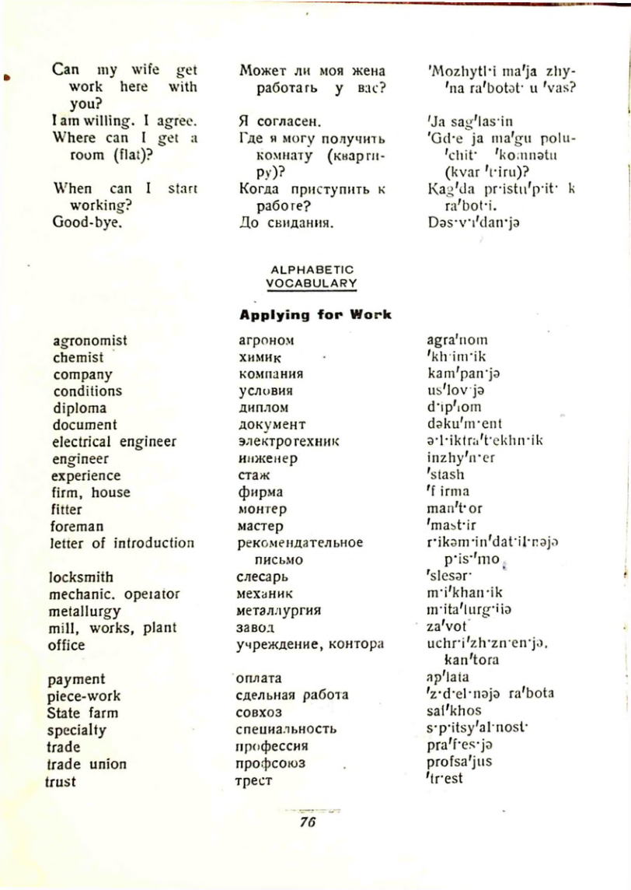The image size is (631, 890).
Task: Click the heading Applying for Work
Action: coord(315,315)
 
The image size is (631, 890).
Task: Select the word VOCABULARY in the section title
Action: coord(311,283)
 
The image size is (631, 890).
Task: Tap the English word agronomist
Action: coord(90,341)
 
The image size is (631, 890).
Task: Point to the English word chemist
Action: coord(78,358)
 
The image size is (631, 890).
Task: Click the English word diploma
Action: coord(79,408)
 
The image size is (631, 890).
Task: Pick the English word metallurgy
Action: coord(86,611)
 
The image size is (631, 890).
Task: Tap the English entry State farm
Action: coord(82,713)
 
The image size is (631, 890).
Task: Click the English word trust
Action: coord(61,781)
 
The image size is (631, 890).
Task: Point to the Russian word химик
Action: coord(257,358)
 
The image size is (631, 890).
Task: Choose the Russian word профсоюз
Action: coord(270,764)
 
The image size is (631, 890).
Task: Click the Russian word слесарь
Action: coord(263,577)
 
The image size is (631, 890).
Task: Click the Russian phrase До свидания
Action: coord(285,223)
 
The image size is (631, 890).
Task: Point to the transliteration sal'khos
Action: coord(455,711)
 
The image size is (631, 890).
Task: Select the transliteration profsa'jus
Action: coord(460,762)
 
